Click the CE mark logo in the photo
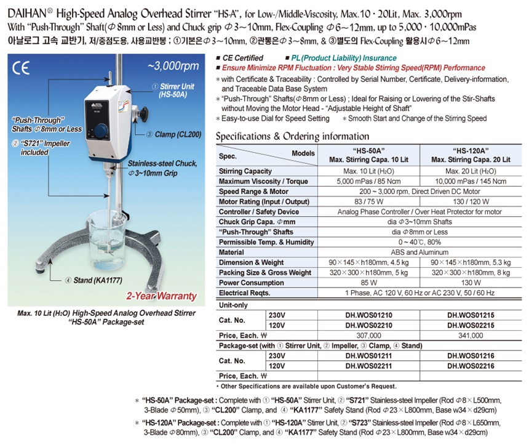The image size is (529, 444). point(21,67)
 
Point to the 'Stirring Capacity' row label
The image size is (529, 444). point(245,171)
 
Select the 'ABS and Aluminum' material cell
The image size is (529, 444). point(420,252)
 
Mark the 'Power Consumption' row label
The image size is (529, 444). point(249,282)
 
